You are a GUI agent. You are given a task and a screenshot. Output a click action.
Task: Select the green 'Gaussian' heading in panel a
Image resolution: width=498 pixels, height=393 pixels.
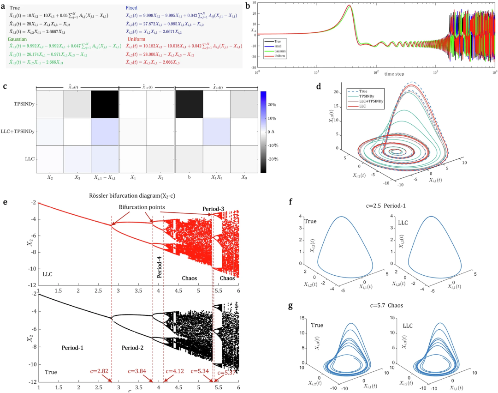pos(17,40)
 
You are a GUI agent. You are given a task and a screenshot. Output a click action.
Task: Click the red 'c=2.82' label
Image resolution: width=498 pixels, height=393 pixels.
pos(100,371)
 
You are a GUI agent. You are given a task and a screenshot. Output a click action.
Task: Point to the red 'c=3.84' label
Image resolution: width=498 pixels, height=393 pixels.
pos(140,371)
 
